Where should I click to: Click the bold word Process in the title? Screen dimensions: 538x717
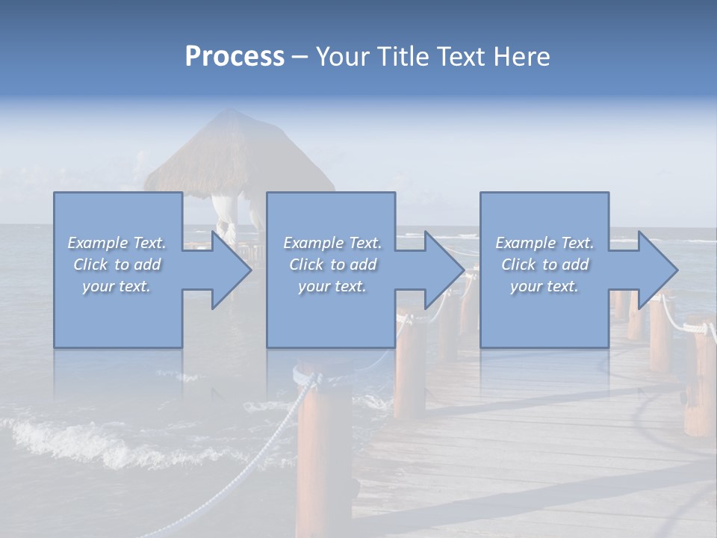[x=235, y=57]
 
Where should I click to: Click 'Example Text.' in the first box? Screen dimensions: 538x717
[x=117, y=243]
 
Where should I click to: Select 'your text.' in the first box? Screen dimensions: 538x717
[x=117, y=286]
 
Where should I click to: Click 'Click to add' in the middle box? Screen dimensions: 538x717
[x=332, y=265]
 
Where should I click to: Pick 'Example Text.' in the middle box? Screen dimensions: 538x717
[x=332, y=243]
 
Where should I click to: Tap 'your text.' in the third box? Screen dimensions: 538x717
[x=544, y=286]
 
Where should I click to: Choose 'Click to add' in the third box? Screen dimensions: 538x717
[x=544, y=265]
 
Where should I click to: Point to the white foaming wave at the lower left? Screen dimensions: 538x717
[x=67, y=441]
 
